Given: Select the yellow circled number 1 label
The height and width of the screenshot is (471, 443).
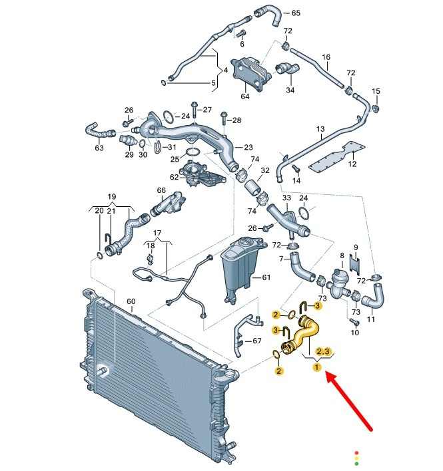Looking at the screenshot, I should tap(317, 367).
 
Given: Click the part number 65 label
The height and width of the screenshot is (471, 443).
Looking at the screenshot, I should tap(296, 13).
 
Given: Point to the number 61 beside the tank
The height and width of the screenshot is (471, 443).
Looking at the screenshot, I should tap(266, 277).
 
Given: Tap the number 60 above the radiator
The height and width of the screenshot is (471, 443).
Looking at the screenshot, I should tap(131, 301).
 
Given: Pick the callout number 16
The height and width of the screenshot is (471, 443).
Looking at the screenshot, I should tap(326, 57).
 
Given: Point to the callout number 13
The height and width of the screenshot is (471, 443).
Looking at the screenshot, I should tap(320, 128).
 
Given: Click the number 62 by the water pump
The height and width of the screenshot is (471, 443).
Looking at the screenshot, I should tap(174, 178).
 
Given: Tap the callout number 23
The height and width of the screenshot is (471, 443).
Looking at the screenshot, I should tap(248, 147).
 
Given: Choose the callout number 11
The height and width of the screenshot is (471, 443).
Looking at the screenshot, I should tap(372, 320).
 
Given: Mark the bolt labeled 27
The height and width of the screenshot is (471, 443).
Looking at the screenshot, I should tap(193, 108).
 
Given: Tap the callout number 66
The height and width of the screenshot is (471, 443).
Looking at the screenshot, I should tap(161, 191).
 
